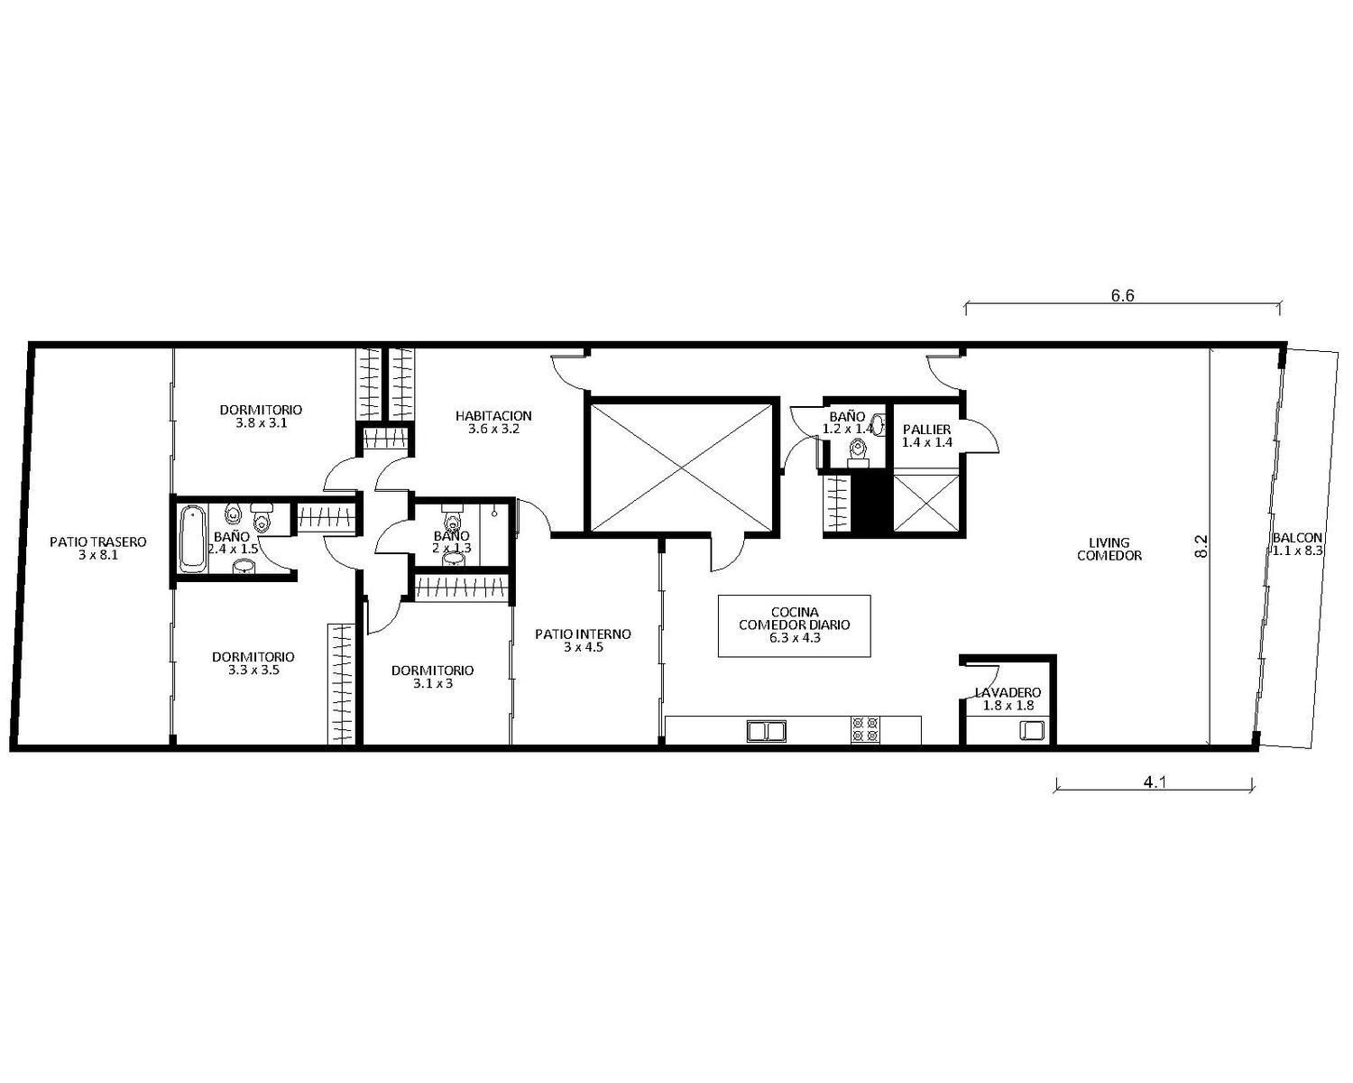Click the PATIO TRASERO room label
pyautogui.click(x=98, y=541)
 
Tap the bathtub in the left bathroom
pyautogui.click(x=192, y=540)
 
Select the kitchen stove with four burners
pyautogui.click(x=864, y=730)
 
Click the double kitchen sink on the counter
pyautogui.click(x=767, y=731)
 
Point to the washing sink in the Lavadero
pyautogui.click(x=1032, y=730)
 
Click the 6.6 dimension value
pyautogui.click(x=1122, y=296)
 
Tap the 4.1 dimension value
pyautogui.click(x=1155, y=782)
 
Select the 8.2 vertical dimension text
pyautogui.click(x=1201, y=546)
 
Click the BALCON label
pyautogui.click(x=1297, y=538)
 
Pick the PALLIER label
pyautogui.click(x=926, y=430)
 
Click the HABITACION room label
pyautogui.click(x=493, y=416)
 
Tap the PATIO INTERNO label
pyautogui.click(x=583, y=634)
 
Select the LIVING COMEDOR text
pyautogui.click(x=1109, y=549)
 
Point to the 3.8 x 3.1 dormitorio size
pyautogui.click(x=261, y=423)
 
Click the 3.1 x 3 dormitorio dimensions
pyautogui.click(x=433, y=683)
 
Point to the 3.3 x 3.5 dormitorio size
pyautogui.click(x=253, y=671)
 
